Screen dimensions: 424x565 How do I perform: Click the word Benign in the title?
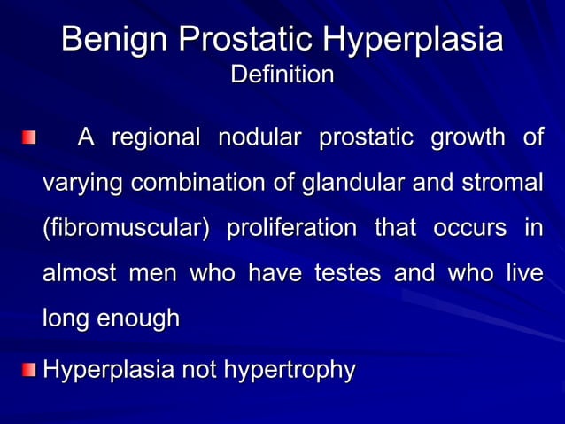coord(115,40)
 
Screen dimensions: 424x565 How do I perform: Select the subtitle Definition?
coord(282,75)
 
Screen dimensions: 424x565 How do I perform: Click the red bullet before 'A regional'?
coord(30,138)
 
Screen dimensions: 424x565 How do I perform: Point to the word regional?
coord(156,138)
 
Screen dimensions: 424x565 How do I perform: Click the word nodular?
coord(259,138)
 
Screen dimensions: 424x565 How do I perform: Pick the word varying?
coord(84,184)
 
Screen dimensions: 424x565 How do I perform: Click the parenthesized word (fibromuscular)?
coord(127,229)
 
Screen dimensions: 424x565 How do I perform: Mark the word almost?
coord(79,274)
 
